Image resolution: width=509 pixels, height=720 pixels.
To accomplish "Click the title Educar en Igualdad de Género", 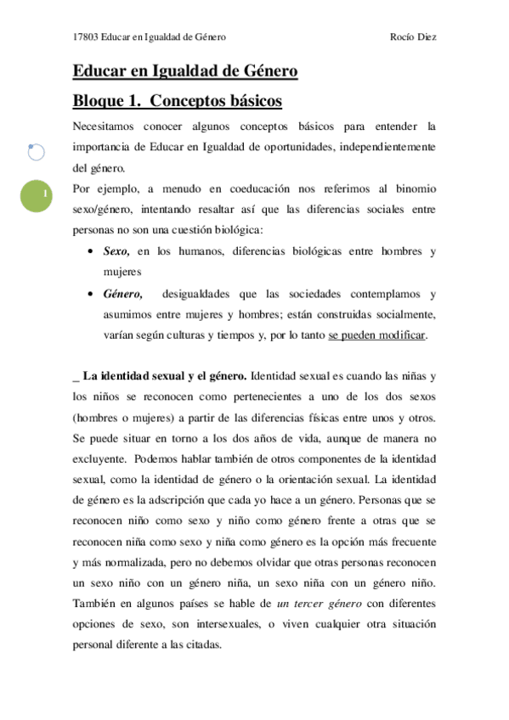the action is (x=185, y=72).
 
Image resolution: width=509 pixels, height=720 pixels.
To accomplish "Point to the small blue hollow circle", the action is (x=37, y=153).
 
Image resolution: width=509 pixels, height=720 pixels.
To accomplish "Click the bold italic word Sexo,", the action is (x=116, y=252).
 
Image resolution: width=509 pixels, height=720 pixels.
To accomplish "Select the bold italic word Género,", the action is (x=122, y=294).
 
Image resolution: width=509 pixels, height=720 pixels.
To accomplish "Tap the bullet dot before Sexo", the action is (x=91, y=253).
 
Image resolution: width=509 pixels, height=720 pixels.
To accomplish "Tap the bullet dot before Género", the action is (x=91, y=295).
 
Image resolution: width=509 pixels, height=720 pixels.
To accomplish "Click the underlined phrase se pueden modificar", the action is (x=377, y=335).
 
